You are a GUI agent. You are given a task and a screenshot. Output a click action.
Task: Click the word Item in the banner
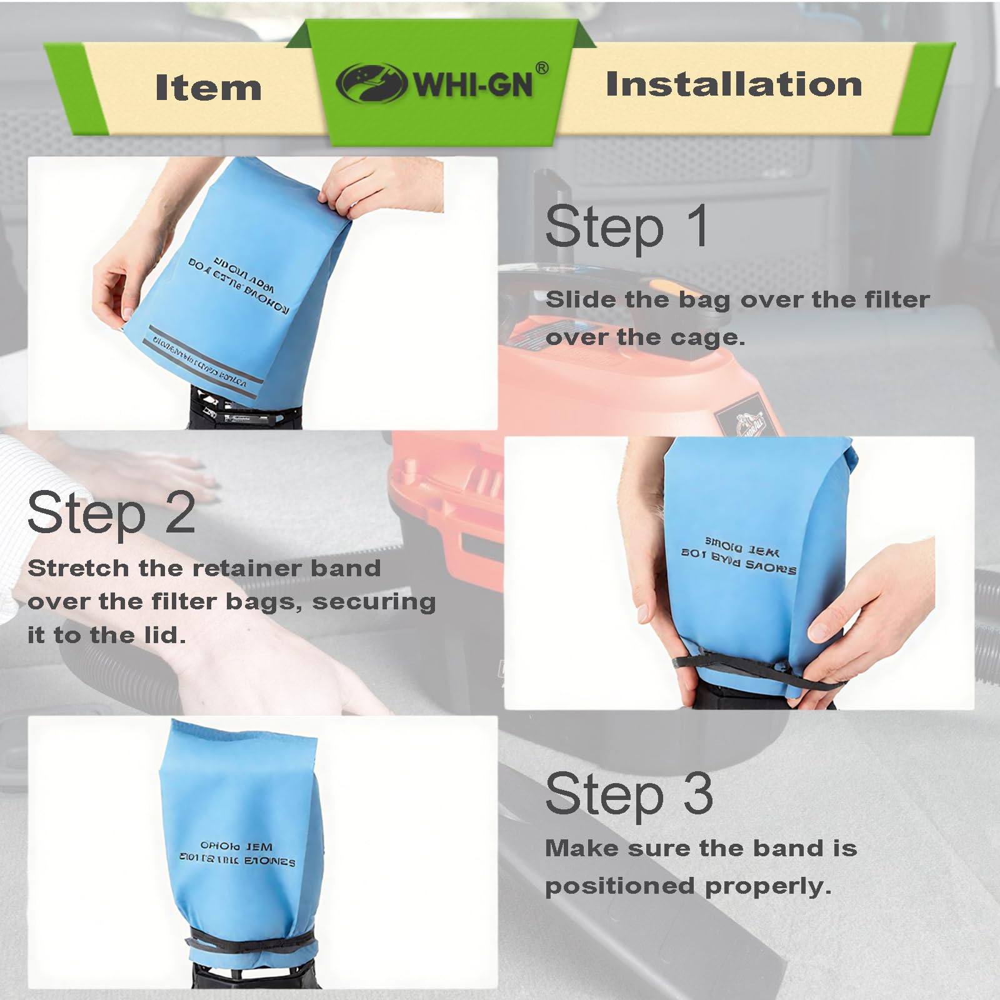tap(208, 87)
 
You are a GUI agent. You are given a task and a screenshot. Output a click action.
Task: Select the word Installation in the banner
tap(734, 84)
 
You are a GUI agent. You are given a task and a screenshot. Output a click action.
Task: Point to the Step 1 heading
tap(627, 227)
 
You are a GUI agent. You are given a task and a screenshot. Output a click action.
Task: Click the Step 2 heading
tap(111, 514)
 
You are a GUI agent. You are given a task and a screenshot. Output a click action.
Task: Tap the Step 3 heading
tap(629, 794)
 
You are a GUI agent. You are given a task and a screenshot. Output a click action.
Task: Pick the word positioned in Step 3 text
tap(620, 886)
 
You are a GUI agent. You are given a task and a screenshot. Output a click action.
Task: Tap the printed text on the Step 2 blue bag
tap(739, 559)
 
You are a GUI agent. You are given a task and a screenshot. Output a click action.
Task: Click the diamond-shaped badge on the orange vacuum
tap(738, 416)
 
